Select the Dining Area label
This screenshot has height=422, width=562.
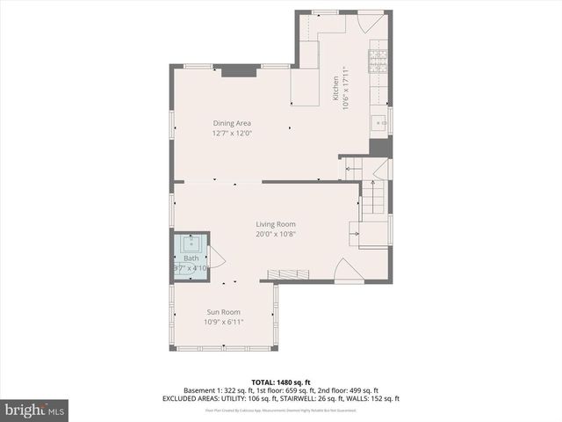pyautogui.click(x=232, y=123)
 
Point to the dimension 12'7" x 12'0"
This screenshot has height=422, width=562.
pyautogui.click(x=232, y=134)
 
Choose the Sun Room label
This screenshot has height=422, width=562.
pyautogui.click(x=224, y=312)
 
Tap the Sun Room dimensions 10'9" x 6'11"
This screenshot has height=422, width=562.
pyautogui.click(x=224, y=323)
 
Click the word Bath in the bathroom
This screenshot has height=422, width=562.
pyautogui.click(x=191, y=258)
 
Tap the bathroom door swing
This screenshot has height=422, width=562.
pyautogui.click(x=217, y=258)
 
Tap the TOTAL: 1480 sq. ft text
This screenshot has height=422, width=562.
pyautogui.click(x=280, y=382)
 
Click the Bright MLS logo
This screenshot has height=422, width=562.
pyautogui.click(x=35, y=410)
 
